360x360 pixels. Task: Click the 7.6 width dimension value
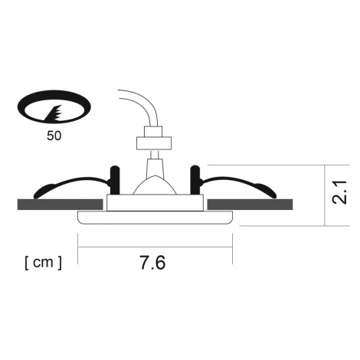[153, 263]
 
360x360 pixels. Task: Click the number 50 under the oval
[54, 136]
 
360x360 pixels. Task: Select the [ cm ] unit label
[43, 263]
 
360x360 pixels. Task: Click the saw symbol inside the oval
[55, 113]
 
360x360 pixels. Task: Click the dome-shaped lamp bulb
[155, 184]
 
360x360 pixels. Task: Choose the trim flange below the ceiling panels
[155, 218]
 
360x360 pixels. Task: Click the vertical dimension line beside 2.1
[326, 195]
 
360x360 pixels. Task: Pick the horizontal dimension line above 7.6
[155, 247]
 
